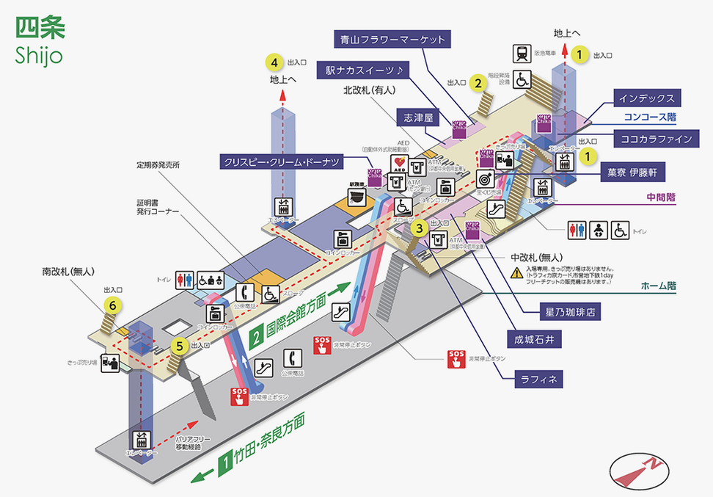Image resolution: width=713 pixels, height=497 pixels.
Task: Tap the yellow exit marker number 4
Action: [274, 62]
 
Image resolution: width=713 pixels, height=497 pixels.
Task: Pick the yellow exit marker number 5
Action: [178, 345]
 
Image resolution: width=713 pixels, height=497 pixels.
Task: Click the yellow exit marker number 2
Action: [478, 82]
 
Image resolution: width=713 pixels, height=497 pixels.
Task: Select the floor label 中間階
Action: [661, 197]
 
